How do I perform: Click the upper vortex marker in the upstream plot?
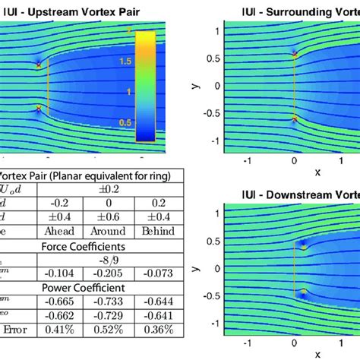click(38, 65)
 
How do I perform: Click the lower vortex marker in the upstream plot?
click(38, 110)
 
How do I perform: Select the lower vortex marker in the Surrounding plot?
click(294, 118)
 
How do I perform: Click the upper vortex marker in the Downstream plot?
click(303, 245)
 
